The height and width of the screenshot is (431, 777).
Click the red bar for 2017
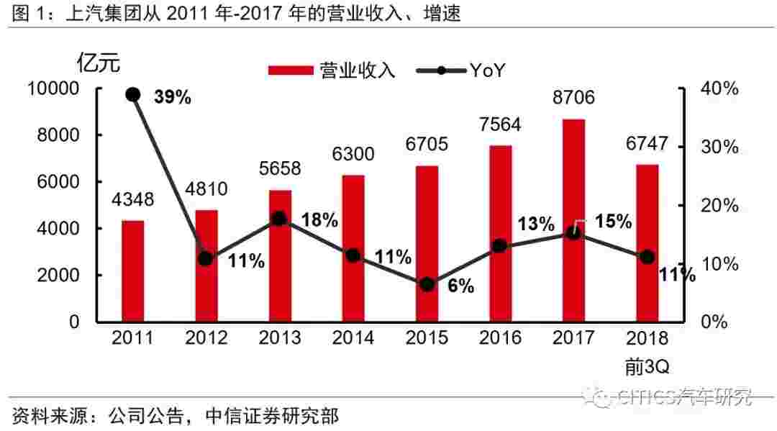[573, 220]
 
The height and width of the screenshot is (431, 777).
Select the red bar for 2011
[132, 271]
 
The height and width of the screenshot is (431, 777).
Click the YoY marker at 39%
[132, 94]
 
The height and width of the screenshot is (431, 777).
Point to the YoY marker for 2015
[427, 284]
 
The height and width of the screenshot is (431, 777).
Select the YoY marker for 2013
[280, 219]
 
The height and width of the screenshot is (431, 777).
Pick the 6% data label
[460, 286]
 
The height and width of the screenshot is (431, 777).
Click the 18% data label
[319, 220]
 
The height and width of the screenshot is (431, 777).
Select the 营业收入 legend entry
[333, 70]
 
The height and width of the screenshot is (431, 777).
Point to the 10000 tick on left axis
[54, 89]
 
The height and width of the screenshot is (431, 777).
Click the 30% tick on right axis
[719, 147]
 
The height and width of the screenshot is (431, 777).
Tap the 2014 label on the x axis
[353, 337]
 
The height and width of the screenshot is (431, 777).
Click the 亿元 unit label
[99, 63]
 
